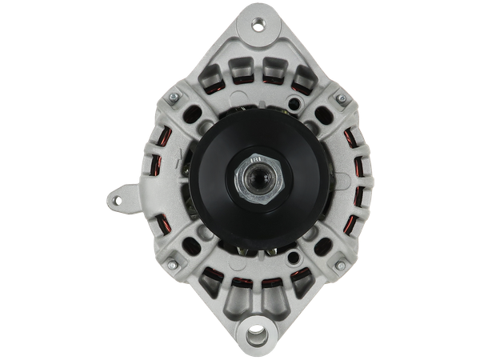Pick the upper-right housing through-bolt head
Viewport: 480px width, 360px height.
pos(339,98)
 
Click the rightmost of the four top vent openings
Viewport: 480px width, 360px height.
pos(302,78)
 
